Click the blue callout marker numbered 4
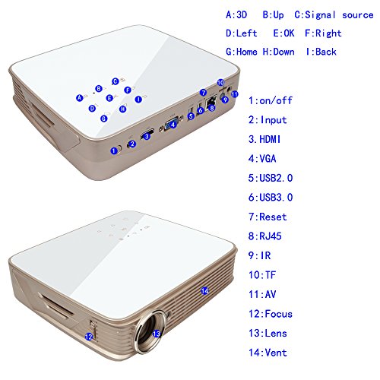173,125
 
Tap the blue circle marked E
109,98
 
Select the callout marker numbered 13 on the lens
157,334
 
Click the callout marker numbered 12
89,337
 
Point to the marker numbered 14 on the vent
204,291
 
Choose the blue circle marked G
103,119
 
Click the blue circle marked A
80,98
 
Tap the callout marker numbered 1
114,150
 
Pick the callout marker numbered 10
220,83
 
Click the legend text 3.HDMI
264,139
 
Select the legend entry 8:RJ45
265,236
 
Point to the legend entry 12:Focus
271,314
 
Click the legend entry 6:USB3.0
271,198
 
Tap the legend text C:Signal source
334,15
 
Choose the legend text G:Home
242,52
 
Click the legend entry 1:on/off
271,100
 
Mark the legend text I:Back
321,52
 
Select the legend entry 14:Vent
268,353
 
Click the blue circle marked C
116,81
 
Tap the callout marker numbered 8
211,108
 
